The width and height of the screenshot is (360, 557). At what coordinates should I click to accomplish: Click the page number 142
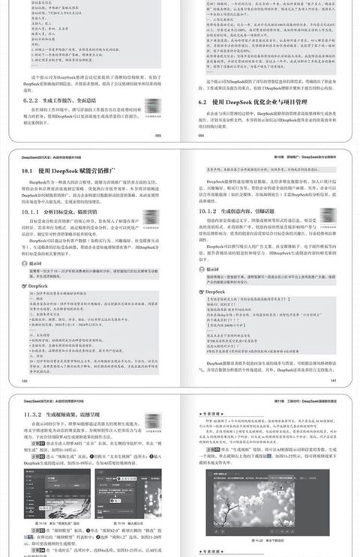pos(22,380)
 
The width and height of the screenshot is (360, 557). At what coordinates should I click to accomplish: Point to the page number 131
pos(335,380)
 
